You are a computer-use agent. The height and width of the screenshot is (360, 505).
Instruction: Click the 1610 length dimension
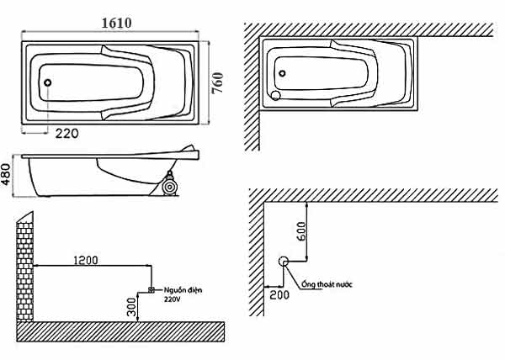tap(117, 23)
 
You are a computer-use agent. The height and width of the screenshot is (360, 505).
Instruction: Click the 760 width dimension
tap(217, 82)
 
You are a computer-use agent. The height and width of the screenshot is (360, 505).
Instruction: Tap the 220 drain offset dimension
tap(66, 133)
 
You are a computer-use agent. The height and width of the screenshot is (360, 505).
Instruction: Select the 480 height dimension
tap(7, 174)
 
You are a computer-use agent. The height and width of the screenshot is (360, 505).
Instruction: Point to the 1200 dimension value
tap(86, 260)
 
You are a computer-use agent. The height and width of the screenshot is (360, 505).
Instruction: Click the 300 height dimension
tap(131, 307)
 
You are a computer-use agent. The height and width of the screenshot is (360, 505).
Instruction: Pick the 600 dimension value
tap(302, 231)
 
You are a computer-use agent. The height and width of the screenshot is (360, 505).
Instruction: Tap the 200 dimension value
tap(279, 294)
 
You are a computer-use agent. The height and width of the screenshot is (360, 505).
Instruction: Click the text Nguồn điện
tap(183, 290)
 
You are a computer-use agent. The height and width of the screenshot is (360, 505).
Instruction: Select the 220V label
tap(173, 299)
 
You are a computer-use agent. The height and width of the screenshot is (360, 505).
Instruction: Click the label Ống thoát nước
tap(327, 284)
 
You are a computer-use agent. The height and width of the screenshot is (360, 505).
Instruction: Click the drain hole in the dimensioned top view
tap(47, 82)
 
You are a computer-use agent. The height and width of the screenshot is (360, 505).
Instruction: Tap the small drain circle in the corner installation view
tap(282, 73)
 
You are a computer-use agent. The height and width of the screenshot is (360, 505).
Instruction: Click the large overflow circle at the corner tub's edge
tap(276, 95)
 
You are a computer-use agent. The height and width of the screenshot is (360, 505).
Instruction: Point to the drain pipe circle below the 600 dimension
tap(284, 262)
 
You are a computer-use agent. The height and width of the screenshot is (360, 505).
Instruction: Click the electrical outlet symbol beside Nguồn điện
tap(151, 289)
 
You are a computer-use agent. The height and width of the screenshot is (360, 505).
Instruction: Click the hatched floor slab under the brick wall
tap(120, 331)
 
